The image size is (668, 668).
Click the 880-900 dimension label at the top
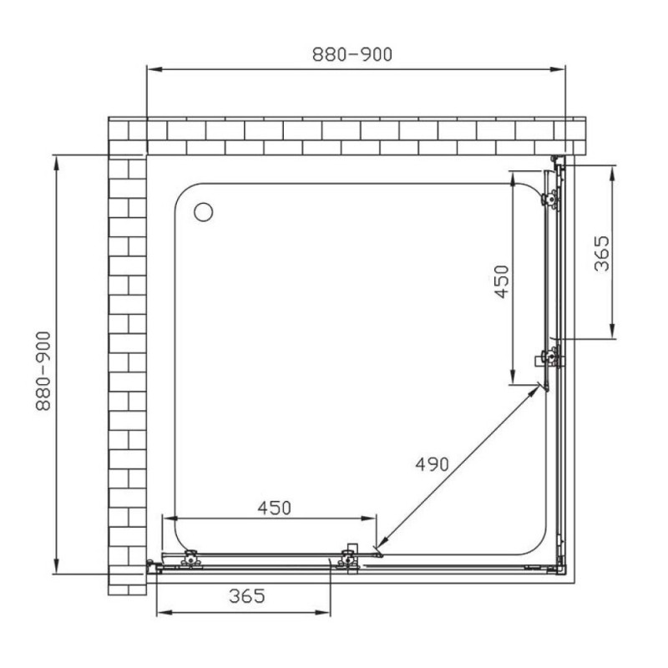(x=352, y=54)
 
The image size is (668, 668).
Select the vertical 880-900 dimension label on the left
(x=43, y=371)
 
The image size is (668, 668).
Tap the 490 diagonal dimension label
(x=432, y=464)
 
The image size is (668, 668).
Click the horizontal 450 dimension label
(x=275, y=508)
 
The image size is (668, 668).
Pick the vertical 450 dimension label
(x=502, y=281)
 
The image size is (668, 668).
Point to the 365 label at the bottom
(x=247, y=595)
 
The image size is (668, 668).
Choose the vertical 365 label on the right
(x=601, y=254)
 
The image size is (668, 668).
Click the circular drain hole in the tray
(x=203, y=212)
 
